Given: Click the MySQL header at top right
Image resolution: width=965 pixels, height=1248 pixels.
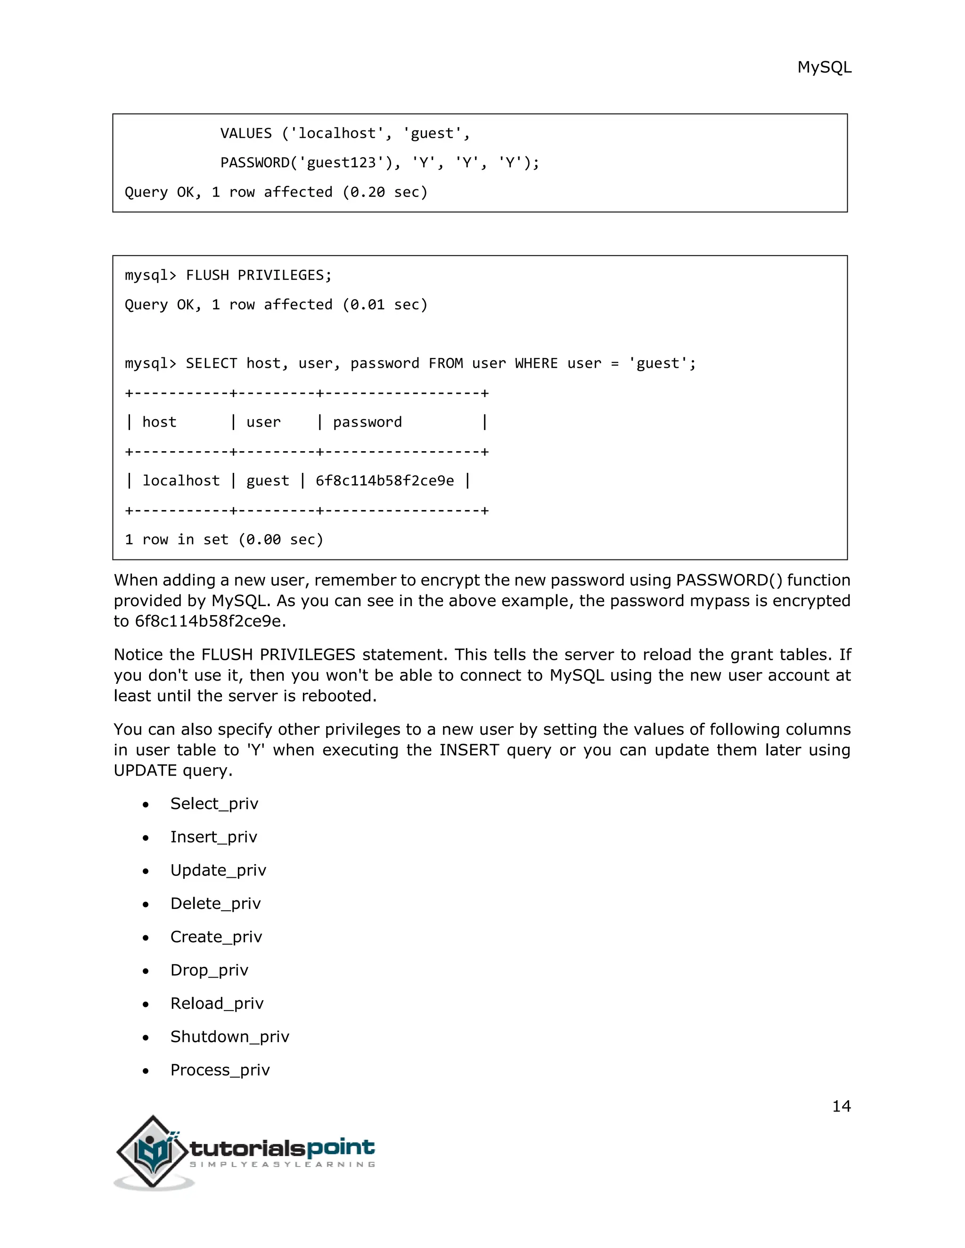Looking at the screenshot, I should coord(824,67).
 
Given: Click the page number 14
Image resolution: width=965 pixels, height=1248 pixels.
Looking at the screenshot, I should coord(841,1106).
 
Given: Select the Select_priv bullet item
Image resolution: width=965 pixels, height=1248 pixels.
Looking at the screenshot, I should coord(214,804).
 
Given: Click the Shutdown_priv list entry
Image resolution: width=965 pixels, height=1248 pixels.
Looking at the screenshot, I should coord(229,1037).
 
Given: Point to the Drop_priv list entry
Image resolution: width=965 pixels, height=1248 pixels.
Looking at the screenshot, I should coord(209,970).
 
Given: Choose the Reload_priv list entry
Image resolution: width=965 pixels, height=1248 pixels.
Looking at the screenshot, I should coord(217,1004).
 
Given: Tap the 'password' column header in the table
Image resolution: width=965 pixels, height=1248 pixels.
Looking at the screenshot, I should coord(367,422).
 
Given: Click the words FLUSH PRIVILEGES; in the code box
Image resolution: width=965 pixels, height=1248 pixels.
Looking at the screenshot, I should coord(258,276).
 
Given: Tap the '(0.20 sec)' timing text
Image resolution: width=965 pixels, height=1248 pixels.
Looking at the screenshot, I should coord(385,193).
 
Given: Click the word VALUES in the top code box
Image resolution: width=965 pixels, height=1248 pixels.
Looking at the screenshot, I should coord(246,134).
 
